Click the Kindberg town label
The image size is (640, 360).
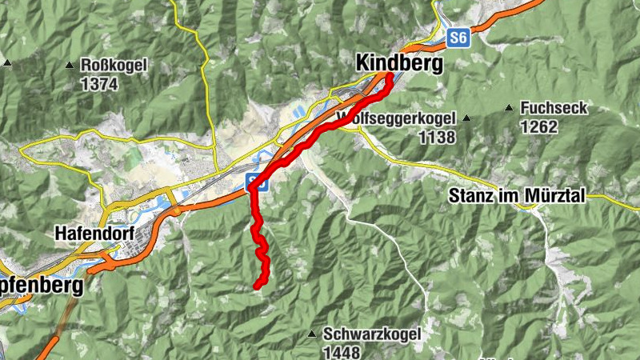click(398, 63)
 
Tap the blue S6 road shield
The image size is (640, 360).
click(457, 38)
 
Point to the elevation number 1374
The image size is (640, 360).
click(99, 83)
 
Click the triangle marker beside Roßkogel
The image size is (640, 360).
click(70, 64)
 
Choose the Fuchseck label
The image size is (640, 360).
click(553, 108)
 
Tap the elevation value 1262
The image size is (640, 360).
click(538, 126)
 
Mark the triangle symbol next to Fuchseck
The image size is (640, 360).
click(509, 107)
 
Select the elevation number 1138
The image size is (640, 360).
click(437, 138)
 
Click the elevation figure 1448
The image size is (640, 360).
click(342, 351)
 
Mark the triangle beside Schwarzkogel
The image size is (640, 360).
click(313, 334)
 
